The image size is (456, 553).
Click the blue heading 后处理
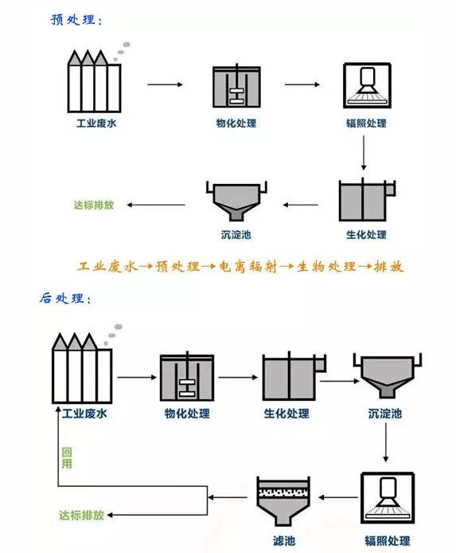65,300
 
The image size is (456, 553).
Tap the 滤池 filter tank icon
283,502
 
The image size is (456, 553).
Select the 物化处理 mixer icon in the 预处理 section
236,89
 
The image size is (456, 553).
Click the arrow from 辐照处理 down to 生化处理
364,154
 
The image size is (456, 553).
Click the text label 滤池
283,541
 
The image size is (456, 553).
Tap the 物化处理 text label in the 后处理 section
187,414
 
